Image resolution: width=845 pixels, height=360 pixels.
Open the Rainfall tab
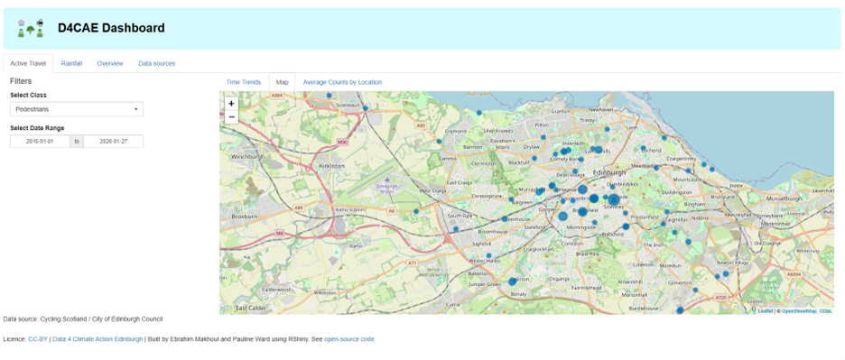click(x=71, y=63)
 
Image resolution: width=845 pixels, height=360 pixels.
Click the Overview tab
click(x=110, y=63)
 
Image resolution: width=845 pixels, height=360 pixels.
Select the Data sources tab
click(x=156, y=63)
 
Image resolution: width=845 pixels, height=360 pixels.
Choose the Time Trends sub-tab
click(x=244, y=82)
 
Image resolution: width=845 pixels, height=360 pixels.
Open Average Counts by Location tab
click(x=342, y=82)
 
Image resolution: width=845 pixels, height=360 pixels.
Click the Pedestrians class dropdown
click(x=77, y=109)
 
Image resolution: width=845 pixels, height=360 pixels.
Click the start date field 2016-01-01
click(x=41, y=142)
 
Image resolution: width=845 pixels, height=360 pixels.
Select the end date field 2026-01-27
click(x=113, y=142)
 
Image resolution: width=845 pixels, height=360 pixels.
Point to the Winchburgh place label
click(x=250, y=156)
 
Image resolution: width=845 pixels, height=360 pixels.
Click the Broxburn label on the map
click(x=246, y=217)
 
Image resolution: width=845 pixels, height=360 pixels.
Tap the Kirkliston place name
click(x=331, y=166)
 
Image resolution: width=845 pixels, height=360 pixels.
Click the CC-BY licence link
click(x=38, y=339)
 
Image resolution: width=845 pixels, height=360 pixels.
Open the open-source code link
click(x=348, y=339)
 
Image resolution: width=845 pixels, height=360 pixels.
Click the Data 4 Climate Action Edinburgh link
click(x=97, y=339)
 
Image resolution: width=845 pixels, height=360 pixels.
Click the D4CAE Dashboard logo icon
click(x=31, y=28)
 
